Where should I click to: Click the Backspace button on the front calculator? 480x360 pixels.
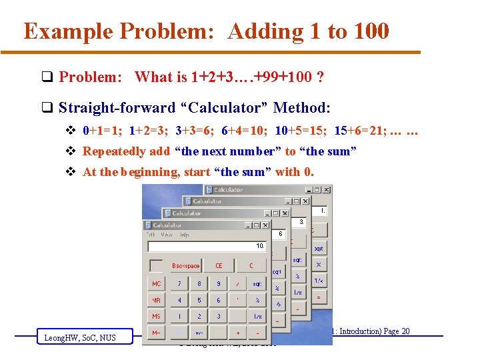click(x=185, y=265)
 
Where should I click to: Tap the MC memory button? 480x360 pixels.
click(x=156, y=283)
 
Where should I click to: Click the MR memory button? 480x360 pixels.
click(x=156, y=300)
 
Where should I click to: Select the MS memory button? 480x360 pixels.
click(x=156, y=317)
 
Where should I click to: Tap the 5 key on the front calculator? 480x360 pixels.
click(x=199, y=300)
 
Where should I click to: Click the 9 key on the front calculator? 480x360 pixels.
click(x=218, y=283)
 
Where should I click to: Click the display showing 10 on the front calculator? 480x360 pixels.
click(x=207, y=246)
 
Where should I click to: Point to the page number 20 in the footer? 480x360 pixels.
click(x=405, y=331)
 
